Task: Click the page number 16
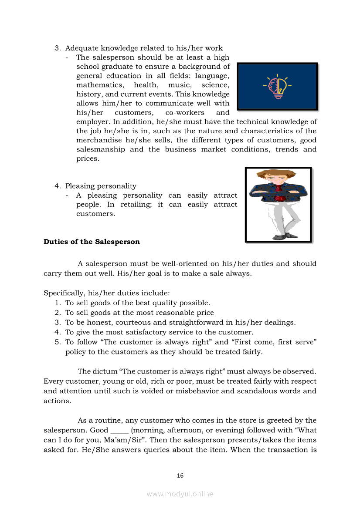pyautogui.click(x=180, y=475)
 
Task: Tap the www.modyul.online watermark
pyautogui.click(x=180, y=494)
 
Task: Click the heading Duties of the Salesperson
pyautogui.click(x=92, y=242)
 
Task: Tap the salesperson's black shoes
pyautogui.click(x=283, y=236)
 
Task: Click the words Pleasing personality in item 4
pyautogui.click(x=101, y=186)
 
